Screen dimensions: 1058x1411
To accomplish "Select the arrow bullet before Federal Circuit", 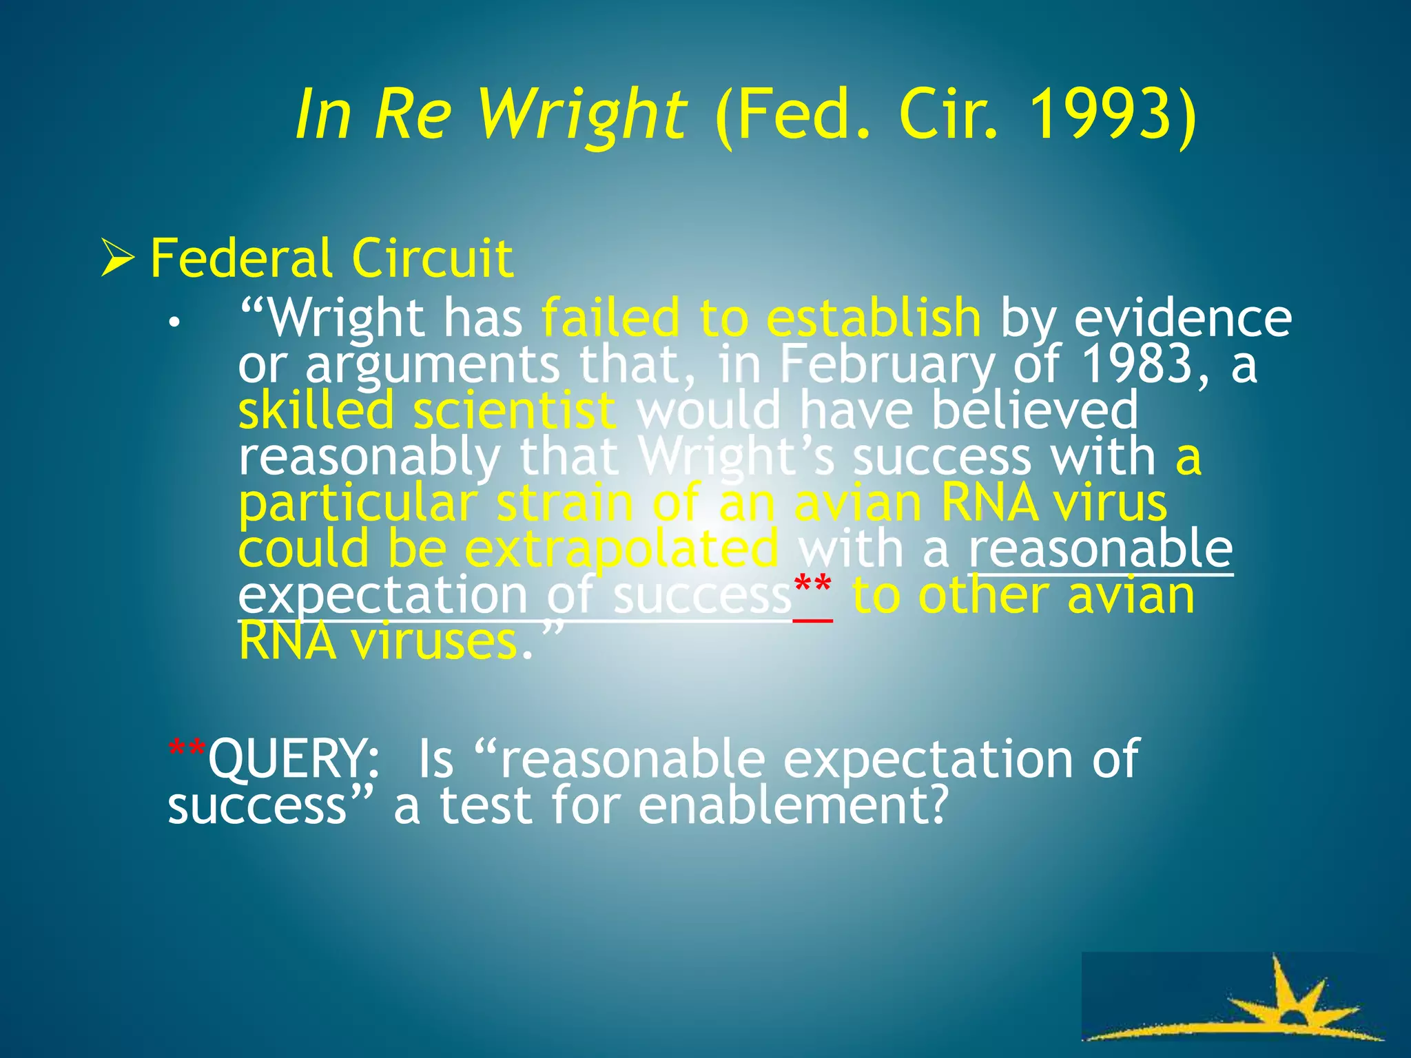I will (117, 258).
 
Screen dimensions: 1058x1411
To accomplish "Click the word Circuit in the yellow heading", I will (432, 258).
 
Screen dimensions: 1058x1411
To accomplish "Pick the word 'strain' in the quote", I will (564, 504).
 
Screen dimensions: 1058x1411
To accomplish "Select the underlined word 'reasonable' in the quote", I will (1100, 549).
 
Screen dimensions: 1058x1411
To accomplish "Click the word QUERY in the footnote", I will (293, 758).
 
